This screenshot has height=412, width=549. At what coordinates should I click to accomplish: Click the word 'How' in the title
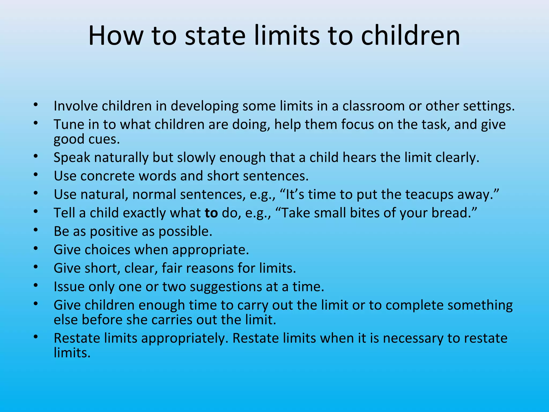coord(116,36)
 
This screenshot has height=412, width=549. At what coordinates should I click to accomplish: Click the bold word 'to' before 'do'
coord(211,213)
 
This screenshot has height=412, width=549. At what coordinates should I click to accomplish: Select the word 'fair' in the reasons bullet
coord(170,268)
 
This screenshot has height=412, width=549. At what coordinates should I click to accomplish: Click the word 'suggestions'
coord(226,287)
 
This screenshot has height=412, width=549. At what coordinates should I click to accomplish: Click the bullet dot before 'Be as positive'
coord(36,230)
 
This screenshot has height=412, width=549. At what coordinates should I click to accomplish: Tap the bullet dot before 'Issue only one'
coord(36,285)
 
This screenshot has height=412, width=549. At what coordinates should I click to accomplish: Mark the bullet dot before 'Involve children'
coord(36,104)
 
